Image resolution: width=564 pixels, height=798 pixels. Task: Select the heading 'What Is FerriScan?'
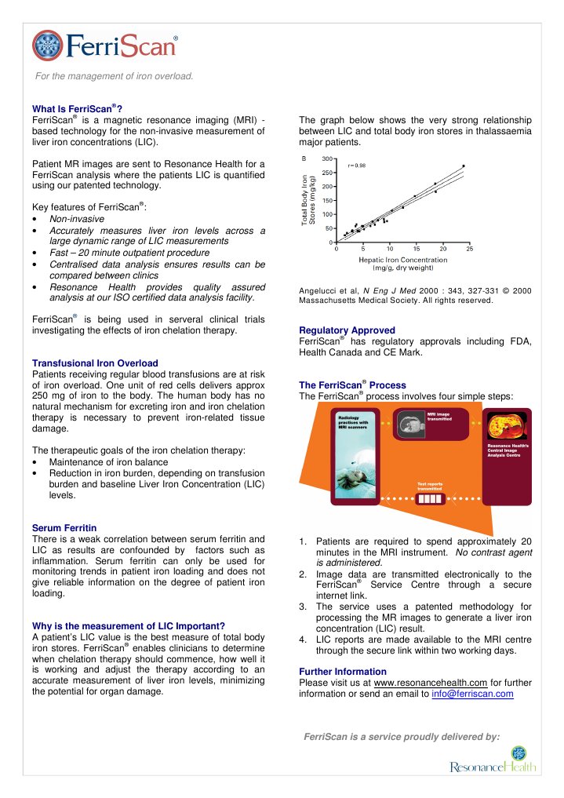click(x=77, y=108)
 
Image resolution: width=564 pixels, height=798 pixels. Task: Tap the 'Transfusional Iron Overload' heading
click(x=94, y=363)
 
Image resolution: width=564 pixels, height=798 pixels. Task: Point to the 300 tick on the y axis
click(x=326, y=159)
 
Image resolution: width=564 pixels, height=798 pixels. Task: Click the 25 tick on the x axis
click(x=469, y=249)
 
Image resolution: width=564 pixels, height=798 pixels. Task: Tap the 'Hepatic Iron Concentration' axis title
click(x=402, y=259)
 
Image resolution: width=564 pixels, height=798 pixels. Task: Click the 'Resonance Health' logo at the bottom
click(x=493, y=762)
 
